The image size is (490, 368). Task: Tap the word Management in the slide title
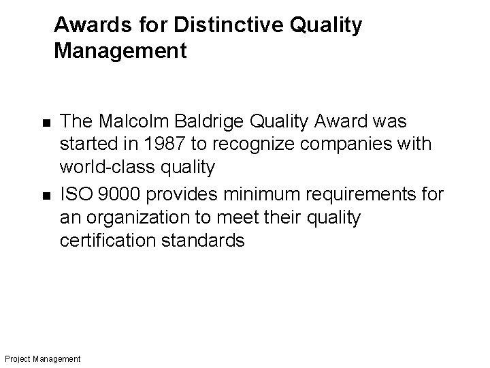pyautogui.click(x=120, y=51)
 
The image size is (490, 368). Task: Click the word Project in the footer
pyautogui.click(x=17, y=358)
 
